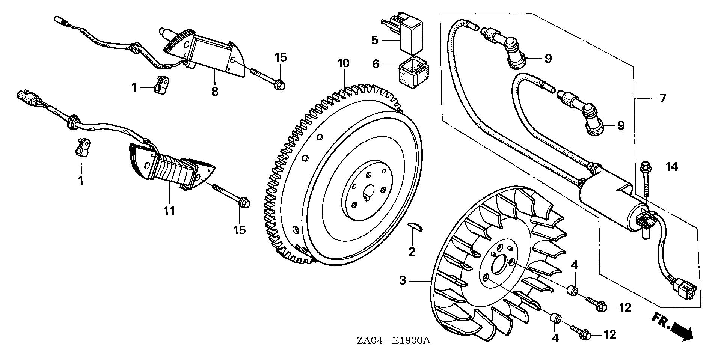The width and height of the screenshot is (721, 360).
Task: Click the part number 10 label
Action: [343, 63]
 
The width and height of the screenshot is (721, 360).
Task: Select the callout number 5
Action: [374, 40]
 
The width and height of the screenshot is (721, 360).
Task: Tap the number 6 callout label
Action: [376, 64]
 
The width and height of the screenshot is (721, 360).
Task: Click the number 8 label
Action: [215, 91]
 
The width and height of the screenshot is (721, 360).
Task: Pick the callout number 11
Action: [169, 211]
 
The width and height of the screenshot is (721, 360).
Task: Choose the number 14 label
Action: [671, 166]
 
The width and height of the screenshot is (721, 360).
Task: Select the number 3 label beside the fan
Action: [403, 280]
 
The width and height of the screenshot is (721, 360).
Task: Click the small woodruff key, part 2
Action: [415, 236]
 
